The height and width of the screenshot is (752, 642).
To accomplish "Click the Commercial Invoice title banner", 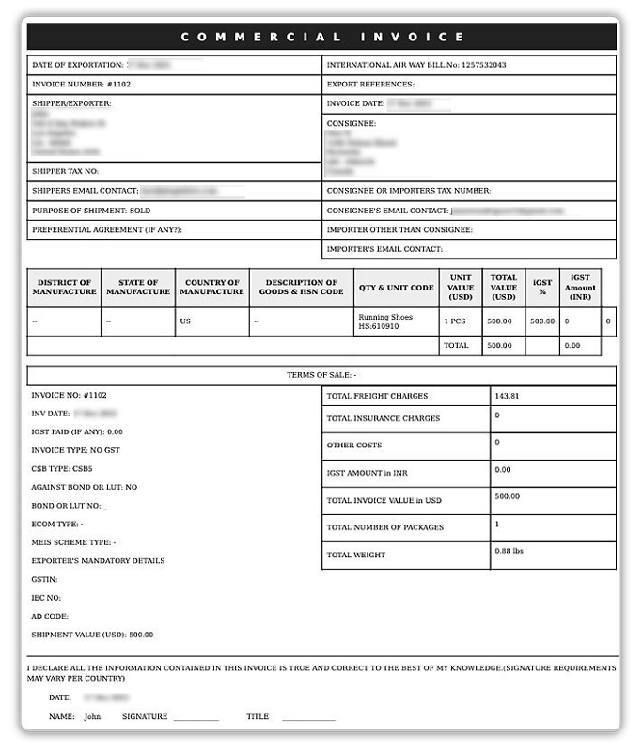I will pos(321,37).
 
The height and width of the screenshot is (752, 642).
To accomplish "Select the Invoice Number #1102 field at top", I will pos(82,85).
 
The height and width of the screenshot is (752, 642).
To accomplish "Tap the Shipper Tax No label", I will pos(66,171).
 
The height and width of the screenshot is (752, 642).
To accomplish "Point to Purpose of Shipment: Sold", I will pos(91,211).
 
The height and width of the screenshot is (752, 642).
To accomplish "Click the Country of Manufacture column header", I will pos(212,288).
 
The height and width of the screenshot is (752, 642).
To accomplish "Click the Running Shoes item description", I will pos(385,318).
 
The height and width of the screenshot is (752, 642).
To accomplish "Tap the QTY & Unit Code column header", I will pos(396,288).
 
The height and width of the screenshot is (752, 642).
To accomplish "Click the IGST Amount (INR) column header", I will pos(580,288).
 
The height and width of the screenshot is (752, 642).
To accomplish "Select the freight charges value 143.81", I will pos(507,397).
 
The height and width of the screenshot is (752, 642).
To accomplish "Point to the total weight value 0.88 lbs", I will pos(509,551).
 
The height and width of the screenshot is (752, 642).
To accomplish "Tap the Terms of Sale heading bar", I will pos(321,375).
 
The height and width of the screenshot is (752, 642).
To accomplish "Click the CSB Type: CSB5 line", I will pos(62,467).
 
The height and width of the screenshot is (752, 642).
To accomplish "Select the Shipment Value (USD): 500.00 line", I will pos(92,634).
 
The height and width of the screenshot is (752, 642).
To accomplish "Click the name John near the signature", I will pos(92,716).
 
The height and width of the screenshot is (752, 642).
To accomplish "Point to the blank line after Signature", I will pos(196,718).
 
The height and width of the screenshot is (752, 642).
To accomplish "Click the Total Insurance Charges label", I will pos(383,418).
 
